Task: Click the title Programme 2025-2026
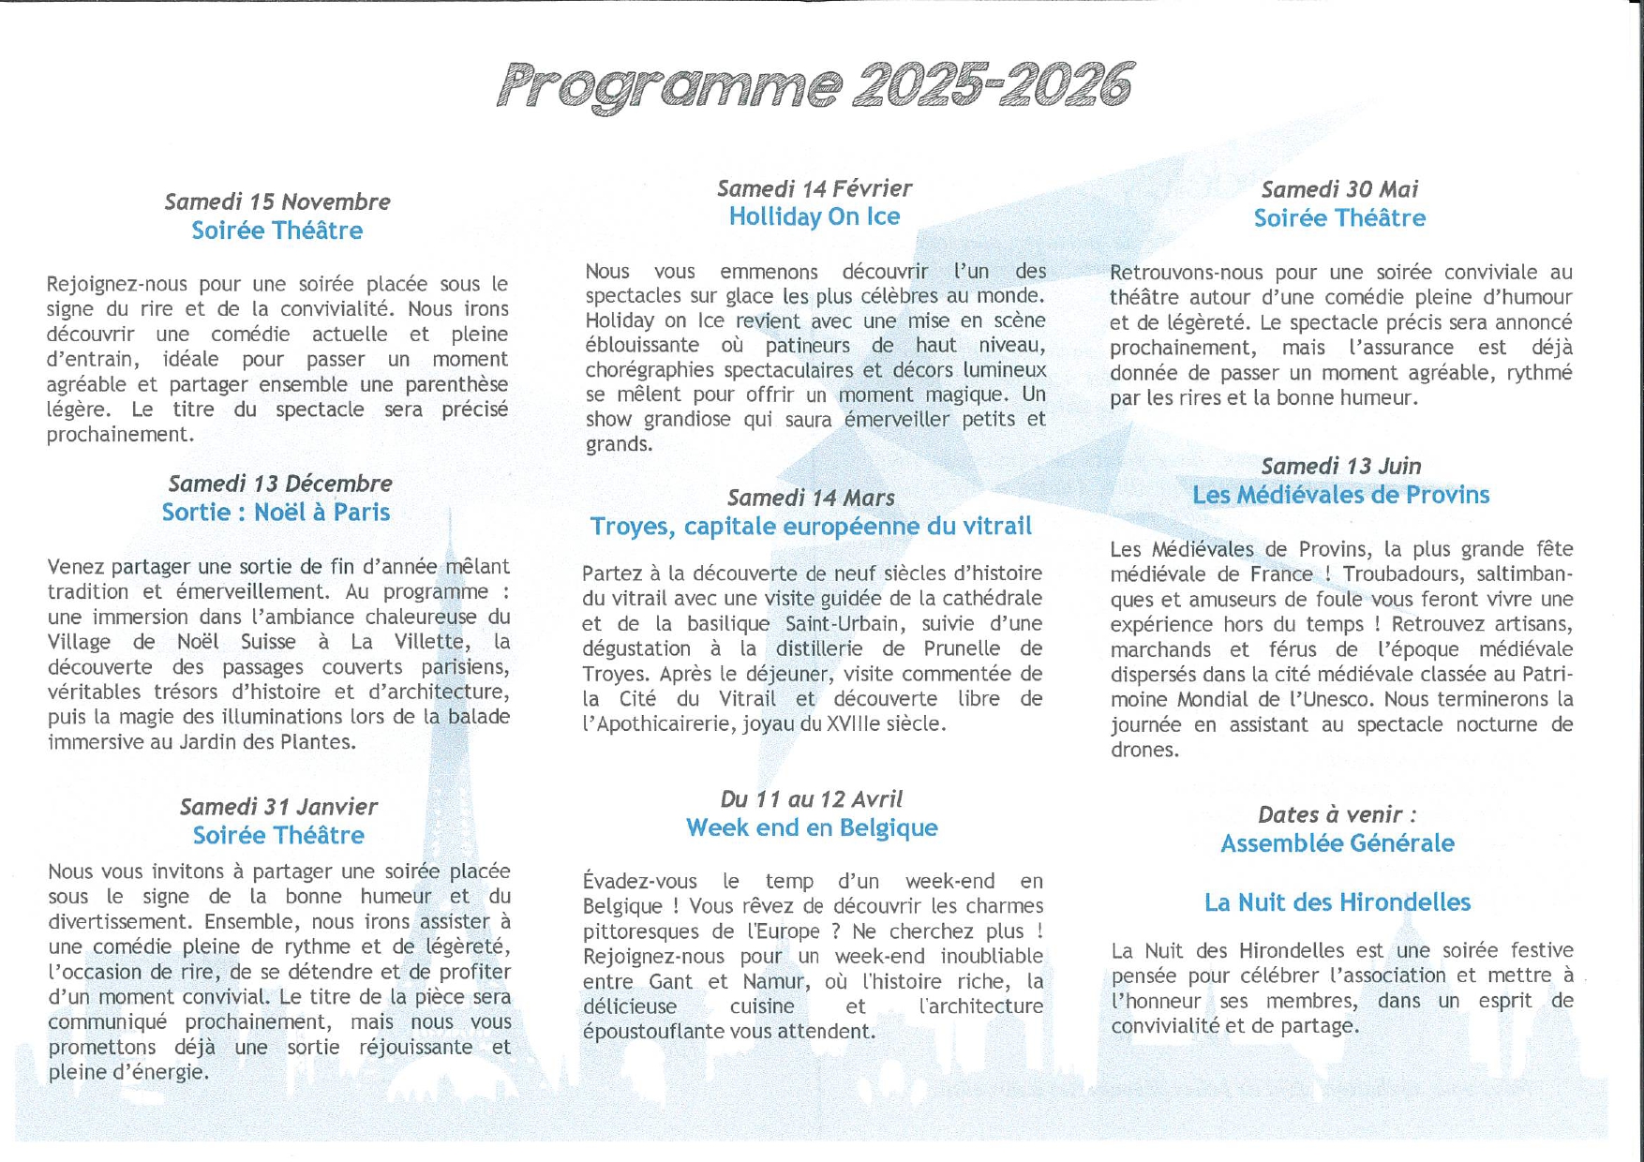click(815, 86)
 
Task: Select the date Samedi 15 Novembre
click(277, 201)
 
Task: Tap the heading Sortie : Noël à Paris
click(276, 512)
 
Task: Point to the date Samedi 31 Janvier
click(278, 807)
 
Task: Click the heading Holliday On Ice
click(815, 216)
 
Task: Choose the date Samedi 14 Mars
click(811, 498)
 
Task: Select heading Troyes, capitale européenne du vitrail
click(811, 527)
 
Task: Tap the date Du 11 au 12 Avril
click(811, 799)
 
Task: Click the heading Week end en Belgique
click(812, 827)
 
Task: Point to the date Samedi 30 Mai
click(1339, 189)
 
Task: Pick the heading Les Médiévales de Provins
click(1340, 495)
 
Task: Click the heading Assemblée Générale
click(1338, 843)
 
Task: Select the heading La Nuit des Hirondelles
click(1338, 902)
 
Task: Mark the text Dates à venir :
click(1338, 814)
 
